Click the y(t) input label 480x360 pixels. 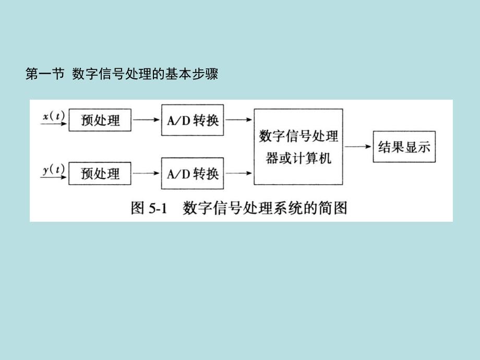click(53, 169)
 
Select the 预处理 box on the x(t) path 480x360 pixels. click(100, 121)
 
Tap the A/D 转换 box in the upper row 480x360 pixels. click(193, 121)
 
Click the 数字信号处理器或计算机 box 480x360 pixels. click(298, 147)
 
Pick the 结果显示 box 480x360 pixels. click(403, 147)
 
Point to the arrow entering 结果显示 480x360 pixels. click(358, 147)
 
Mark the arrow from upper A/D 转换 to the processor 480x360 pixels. click(238, 121)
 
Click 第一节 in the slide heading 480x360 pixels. click(44, 75)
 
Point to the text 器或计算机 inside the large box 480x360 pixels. click(298, 158)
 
